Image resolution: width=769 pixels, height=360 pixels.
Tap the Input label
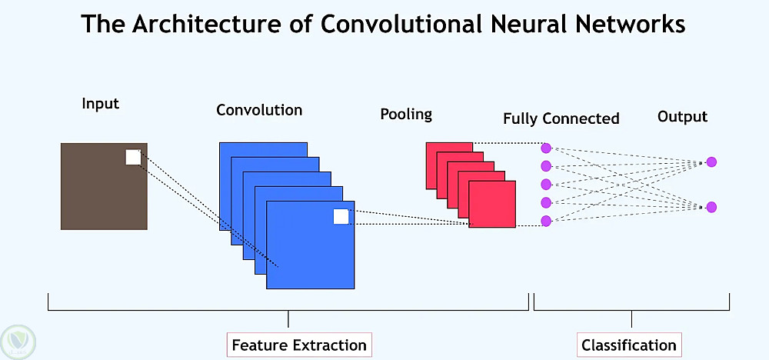tap(101, 103)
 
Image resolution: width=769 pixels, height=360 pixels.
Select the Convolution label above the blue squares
tap(259, 110)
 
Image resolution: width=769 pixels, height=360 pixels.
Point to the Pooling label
tap(406, 115)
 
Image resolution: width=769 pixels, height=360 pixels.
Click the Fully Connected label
tap(561, 118)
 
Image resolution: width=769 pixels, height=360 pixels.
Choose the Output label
tap(682, 117)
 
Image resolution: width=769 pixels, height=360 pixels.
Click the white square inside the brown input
tap(133, 157)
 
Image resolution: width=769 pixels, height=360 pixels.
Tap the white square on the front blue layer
tap(341, 217)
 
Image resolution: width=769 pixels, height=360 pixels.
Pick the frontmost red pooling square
tap(492, 205)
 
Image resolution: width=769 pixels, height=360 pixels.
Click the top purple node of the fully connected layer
tap(546, 148)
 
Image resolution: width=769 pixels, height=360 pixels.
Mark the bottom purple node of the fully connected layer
tap(546, 222)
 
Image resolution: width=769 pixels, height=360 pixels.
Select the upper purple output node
tap(711, 162)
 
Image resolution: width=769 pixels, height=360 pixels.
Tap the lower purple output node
tap(711, 207)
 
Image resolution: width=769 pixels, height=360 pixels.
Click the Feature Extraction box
tap(299, 345)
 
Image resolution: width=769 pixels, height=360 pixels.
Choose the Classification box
tap(629, 345)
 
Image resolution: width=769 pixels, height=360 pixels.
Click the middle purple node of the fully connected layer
tap(546, 185)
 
